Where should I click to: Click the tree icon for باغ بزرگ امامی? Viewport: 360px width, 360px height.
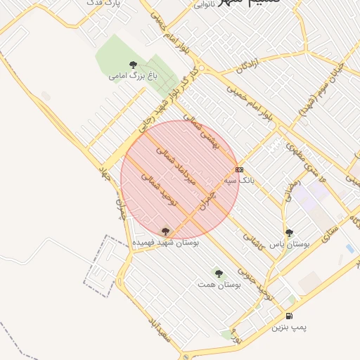[x=133, y=65]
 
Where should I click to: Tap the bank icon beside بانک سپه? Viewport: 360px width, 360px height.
[x=240, y=169]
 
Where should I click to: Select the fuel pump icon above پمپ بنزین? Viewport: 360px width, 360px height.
[x=290, y=316]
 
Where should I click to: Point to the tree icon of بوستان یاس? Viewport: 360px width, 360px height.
[x=289, y=233]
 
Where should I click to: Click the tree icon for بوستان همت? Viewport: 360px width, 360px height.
[x=218, y=273]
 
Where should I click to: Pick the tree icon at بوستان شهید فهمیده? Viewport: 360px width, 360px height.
[x=166, y=231]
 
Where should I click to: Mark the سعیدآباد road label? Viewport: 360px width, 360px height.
[x=160, y=329]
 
